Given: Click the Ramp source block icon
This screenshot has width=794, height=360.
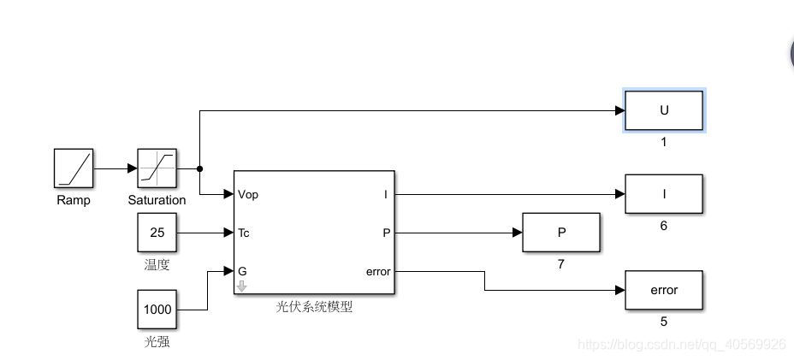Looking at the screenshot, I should click(74, 168).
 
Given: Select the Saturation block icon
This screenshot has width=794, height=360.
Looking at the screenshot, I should click(157, 168).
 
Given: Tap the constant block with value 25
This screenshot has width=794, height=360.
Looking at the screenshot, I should click(157, 233).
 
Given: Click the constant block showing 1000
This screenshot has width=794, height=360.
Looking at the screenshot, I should click(157, 309).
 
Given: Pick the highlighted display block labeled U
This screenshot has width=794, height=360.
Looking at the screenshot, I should click(664, 110).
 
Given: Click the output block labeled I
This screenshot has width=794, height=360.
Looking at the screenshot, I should click(664, 194).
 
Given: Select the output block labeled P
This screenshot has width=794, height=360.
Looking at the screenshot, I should click(561, 233).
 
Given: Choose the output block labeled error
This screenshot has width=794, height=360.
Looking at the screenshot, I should click(664, 290).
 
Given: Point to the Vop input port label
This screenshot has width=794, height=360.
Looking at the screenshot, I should click(248, 195).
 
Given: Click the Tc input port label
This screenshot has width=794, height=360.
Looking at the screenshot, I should click(244, 233).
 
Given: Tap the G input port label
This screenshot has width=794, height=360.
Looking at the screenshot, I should click(242, 271).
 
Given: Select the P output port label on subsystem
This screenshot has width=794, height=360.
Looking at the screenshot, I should click(387, 233).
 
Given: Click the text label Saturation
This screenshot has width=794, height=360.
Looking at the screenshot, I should click(157, 200).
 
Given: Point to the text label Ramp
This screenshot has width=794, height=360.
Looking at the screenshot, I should click(74, 200).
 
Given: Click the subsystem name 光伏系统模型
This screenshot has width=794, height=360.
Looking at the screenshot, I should click(314, 307).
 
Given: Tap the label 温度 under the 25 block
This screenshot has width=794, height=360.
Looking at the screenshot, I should click(157, 265).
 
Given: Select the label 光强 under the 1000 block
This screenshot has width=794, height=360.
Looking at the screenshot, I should click(157, 342).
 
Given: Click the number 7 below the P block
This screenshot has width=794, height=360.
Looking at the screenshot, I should click(561, 264).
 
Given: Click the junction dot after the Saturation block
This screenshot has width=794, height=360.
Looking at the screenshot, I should click(199, 168).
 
